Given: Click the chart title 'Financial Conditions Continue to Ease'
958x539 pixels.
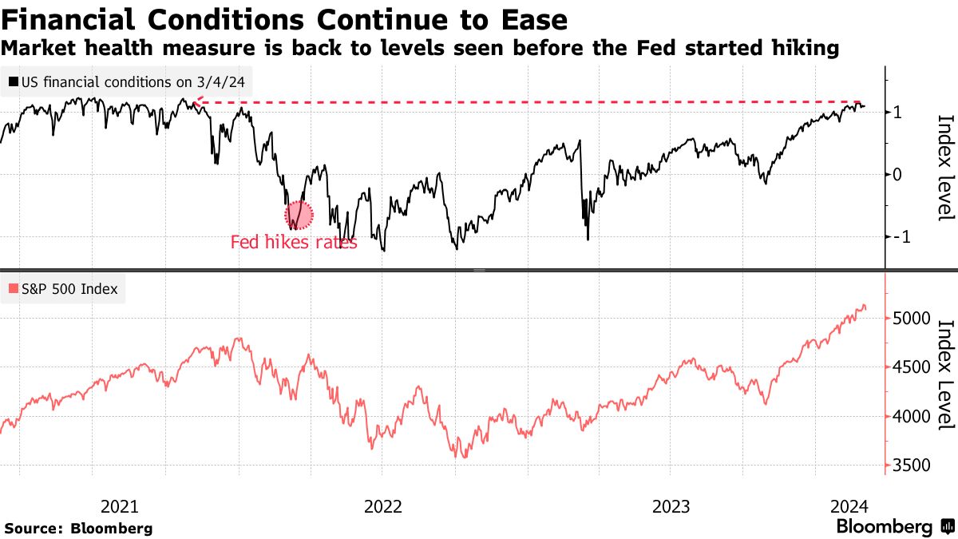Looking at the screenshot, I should [284, 19].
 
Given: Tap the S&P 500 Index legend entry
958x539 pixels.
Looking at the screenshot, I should [63, 289].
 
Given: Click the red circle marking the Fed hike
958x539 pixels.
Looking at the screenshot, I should [299, 214].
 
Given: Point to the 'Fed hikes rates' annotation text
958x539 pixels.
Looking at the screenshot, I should [294, 242].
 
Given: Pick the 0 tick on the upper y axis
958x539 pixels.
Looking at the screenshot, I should [897, 174].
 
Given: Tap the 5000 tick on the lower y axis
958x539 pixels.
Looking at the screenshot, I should [911, 319].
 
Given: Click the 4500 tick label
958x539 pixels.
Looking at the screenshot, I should [911, 367].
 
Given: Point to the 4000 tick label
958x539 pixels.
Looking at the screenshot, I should [911, 416].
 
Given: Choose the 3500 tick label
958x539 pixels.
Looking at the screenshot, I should [911, 466].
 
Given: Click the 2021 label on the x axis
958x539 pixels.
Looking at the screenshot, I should [121, 506].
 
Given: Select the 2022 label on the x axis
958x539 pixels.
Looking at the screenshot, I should [382, 506].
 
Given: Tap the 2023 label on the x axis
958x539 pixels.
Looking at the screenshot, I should [671, 506].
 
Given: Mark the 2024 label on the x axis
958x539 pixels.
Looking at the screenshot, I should [849, 506].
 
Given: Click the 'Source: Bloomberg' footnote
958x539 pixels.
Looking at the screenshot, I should [78, 528].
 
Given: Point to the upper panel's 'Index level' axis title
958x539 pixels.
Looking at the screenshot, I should [945, 168].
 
